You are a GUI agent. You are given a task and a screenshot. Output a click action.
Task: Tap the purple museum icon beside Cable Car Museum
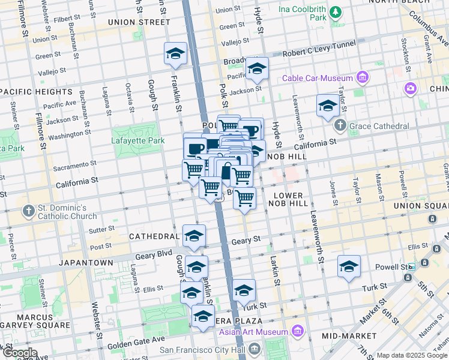pyautogui.click(x=362, y=77)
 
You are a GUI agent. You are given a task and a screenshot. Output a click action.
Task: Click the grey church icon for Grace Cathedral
pyautogui.click(x=340, y=126)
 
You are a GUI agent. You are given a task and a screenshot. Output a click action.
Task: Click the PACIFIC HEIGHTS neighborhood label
pyautogui.click(x=36, y=91)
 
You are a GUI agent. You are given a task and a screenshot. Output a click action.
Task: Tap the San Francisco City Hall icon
pyautogui.click(x=255, y=349)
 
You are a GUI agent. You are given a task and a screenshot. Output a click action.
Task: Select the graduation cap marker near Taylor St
pyautogui.click(x=327, y=106)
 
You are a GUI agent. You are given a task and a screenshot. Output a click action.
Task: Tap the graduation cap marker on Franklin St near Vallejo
pyautogui.click(x=175, y=53)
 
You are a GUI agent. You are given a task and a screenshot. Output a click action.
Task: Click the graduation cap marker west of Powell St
pyautogui.click(x=349, y=266)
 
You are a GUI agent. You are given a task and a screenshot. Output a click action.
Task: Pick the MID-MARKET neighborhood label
pyautogui.click(x=345, y=336)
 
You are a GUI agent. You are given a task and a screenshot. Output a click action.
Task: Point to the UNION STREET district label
pyautogui.click(x=139, y=22)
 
